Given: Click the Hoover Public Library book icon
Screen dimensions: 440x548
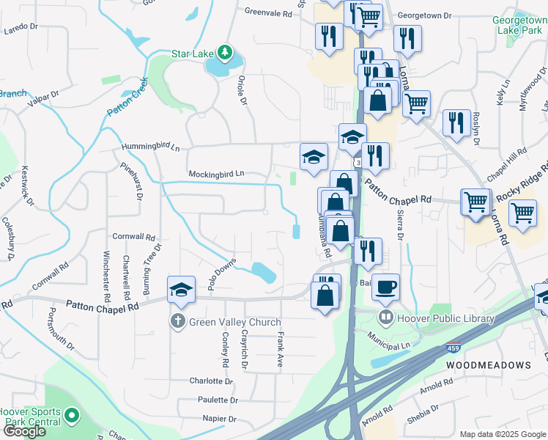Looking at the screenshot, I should coord(385,318).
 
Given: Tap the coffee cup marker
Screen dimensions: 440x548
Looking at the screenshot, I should coord(386,287).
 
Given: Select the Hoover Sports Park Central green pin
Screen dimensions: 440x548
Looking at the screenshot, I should coord(71,416).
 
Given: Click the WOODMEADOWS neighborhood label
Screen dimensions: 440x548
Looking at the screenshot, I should coord(489,364).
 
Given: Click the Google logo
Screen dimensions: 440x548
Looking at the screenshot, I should coord(24,431).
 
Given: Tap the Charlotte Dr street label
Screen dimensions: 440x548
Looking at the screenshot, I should coord(211,381).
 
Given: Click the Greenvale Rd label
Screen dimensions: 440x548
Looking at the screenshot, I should coord(269,12).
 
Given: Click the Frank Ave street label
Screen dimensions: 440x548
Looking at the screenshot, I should coord(280,350).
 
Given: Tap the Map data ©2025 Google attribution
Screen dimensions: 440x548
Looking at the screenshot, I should coord(502,434).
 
